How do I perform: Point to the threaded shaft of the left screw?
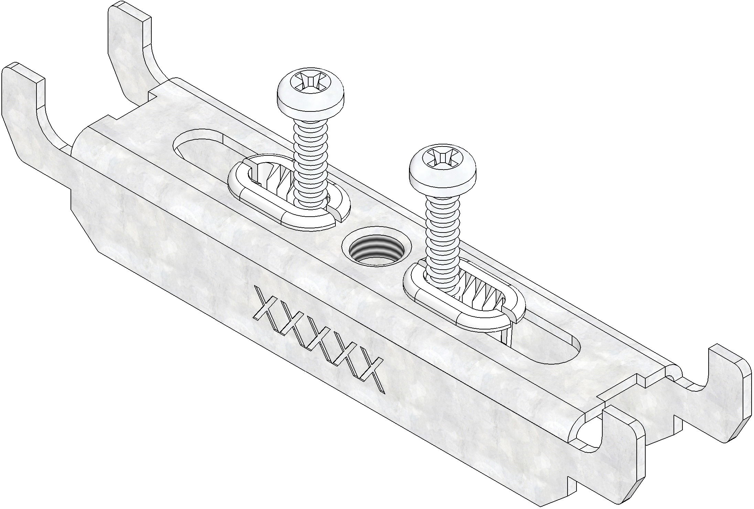[x=311, y=162]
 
